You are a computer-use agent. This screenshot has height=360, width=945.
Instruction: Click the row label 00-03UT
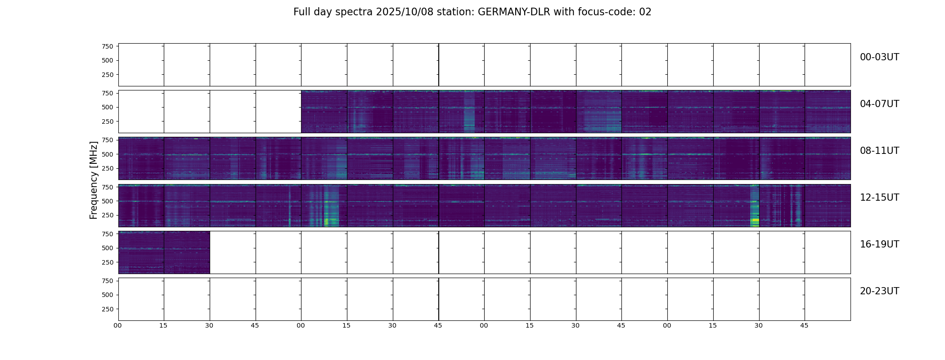point(879,57)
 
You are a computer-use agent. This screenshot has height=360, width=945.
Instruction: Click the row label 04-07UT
point(879,104)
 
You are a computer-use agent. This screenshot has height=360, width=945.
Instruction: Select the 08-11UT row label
point(879,151)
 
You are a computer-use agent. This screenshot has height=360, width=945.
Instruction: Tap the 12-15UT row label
point(879,198)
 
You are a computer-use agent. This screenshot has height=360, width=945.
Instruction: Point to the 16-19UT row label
point(879,244)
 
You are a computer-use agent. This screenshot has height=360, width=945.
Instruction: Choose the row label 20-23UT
point(879,291)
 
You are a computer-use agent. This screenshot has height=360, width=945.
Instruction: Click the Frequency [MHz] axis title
point(94,180)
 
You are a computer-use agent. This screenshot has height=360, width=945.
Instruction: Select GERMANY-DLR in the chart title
point(513,12)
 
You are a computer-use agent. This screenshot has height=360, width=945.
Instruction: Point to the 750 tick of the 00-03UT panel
point(107,46)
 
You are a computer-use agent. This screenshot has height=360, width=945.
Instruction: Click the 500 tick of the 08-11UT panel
point(107,154)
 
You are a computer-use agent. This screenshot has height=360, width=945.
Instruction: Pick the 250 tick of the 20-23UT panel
point(107,309)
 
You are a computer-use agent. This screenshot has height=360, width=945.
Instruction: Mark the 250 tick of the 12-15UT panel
point(107,216)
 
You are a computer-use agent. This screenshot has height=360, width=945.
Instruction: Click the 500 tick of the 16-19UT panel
point(107,248)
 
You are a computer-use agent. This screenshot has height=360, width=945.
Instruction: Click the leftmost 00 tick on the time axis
point(118,325)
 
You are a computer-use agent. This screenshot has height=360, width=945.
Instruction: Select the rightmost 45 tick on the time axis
point(804,325)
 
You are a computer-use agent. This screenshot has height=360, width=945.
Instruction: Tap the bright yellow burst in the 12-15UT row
point(755,220)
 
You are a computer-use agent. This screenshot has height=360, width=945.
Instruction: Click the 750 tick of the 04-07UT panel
point(107,93)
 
